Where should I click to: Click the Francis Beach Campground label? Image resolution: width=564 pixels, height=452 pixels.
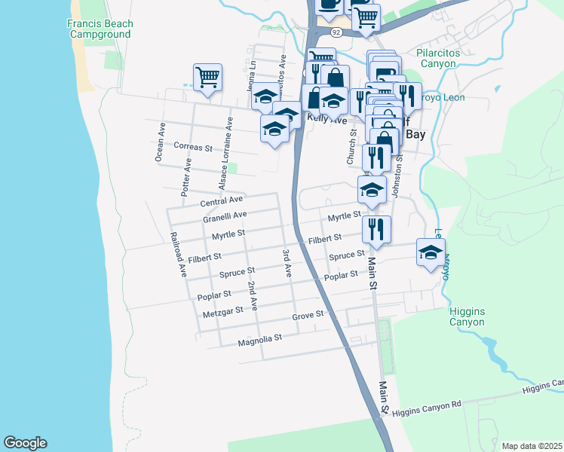point(99,29)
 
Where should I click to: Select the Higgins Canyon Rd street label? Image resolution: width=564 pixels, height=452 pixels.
point(427,405)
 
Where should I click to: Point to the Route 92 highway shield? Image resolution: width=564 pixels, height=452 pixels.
point(336,32)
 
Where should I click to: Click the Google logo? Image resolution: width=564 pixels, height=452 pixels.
point(25,443)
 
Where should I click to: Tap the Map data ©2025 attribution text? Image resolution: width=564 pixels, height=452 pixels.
point(532,446)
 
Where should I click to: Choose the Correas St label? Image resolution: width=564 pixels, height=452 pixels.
point(193,146)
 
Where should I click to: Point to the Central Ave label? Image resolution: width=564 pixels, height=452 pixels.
point(221,201)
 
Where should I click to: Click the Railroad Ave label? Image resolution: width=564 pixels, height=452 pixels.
point(178,254)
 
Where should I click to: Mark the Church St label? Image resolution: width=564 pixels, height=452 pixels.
point(351,146)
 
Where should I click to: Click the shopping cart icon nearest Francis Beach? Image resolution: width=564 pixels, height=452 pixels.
point(207,77)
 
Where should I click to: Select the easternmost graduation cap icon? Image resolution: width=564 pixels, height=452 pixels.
point(431,252)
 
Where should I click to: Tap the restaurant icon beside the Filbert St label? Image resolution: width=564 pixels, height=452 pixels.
point(375,229)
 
